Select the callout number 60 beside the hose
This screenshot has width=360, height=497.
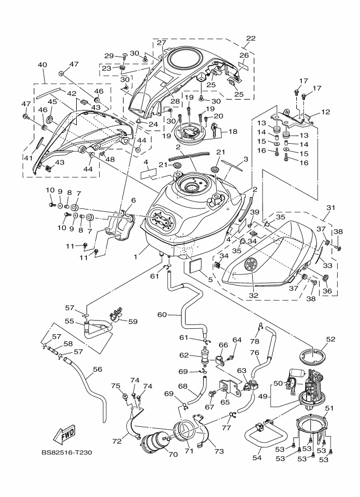pyautogui.click(x=162, y=314)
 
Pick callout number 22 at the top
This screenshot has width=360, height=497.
pyautogui.click(x=251, y=39)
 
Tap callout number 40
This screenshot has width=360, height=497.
pyautogui.click(x=42, y=64)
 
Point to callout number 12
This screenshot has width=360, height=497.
pyautogui.click(x=326, y=112)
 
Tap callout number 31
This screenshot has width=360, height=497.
pyautogui.click(x=331, y=207)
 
